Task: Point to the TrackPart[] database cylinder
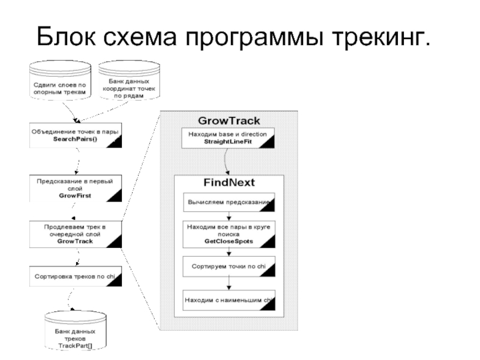[75, 334]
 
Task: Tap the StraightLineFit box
[228, 138]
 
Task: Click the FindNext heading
[229, 182]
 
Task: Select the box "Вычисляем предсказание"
[229, 202]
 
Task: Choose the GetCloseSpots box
[229, 233]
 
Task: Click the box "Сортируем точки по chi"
[229, 265]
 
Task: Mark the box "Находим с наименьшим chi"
[229, 300]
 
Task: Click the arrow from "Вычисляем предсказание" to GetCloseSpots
[229, 217]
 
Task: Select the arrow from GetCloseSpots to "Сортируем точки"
[229, 251]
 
